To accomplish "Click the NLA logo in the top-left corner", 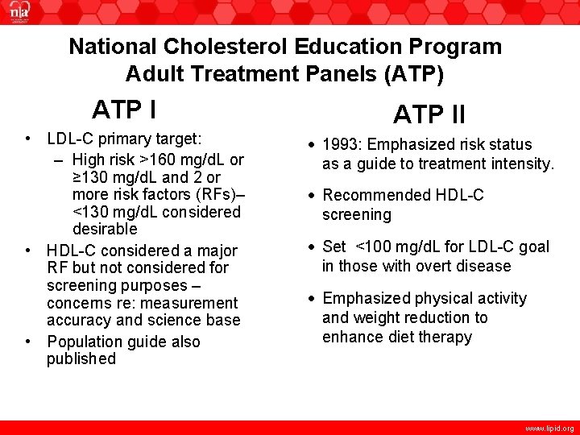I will tap(18, 14).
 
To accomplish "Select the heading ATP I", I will tap(124, 109).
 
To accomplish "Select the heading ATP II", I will tap(429, 115).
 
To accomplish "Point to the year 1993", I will tap(343, 145).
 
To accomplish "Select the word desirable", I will tap(105, 230).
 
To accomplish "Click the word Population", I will tap(87, 342).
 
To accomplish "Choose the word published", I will tap(81, 359).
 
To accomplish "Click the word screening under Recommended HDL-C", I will tap(357, 215).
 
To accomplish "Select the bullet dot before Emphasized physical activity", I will tap(311, 299).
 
